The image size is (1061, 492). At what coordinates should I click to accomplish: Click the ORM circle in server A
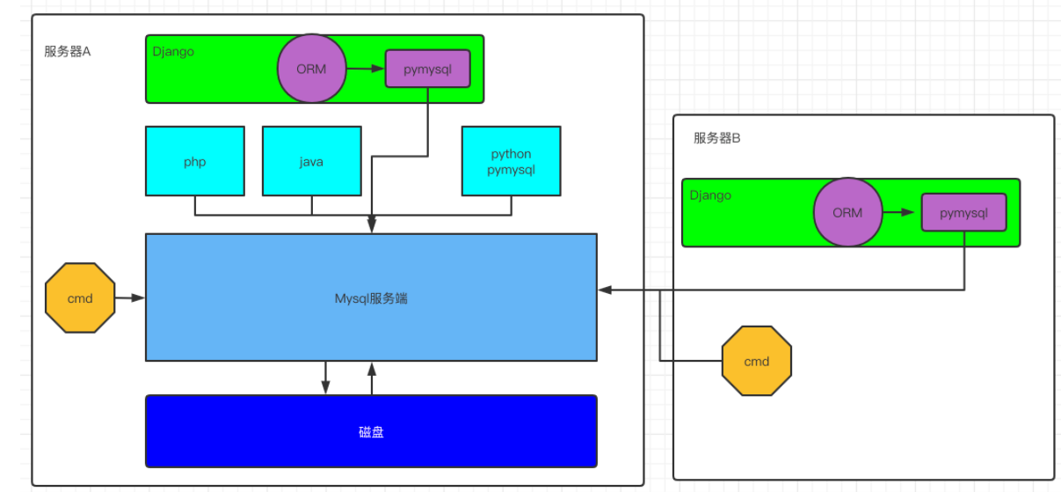pos(311,70)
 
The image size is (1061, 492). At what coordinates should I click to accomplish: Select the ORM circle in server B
pos(847,212)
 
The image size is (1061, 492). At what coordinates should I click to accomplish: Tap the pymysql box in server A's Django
pos(427,70)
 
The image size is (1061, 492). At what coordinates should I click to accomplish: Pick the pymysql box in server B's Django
pos(963,212)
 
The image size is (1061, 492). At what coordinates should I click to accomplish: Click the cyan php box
pos(194,161)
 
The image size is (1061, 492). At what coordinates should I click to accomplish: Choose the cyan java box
pos(311,161)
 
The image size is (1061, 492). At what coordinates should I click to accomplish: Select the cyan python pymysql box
pos(511,161)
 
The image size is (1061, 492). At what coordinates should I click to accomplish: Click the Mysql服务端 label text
pos(371,298)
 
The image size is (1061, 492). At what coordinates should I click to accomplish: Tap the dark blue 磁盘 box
pos(371,431)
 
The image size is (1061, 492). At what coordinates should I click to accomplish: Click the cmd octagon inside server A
pos(80,297)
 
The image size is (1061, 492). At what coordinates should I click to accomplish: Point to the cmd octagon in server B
pos(756,361)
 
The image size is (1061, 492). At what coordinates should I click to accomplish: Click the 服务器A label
pos(68,51)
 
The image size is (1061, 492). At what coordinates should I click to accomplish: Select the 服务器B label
pos(716,138)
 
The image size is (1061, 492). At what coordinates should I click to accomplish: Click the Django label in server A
pos(173,51)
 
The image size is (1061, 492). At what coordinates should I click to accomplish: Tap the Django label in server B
pos(710,195)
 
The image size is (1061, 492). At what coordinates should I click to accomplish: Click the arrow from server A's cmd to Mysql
pos(130,297)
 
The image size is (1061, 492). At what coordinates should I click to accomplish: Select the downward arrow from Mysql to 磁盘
pos(325,378)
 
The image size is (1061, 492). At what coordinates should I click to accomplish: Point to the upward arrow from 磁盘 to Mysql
pos(372,378)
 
